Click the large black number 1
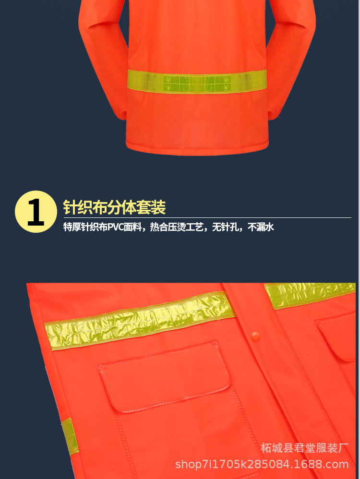(x=36, y=212)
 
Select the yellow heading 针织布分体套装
(x=114, y=207)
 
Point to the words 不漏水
(x=261, y=228)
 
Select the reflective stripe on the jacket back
(x=197, y=80)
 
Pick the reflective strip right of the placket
(x=310, y=294)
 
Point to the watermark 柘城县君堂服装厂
(x=304, y=448)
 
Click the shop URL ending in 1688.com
(x=262, y=464)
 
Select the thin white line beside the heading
(x=259, y=217)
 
